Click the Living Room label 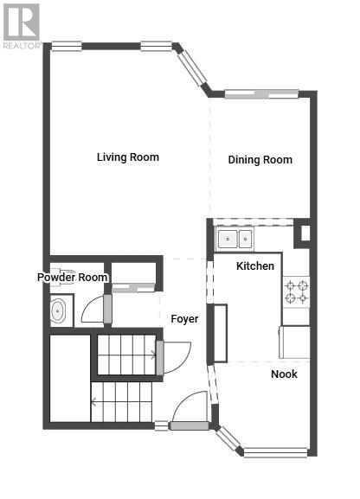pyautogui.click(x=128, y=157)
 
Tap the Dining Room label pyautogui.click(x=260, y=160)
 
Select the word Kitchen pyautogui.click(x=255, y=265)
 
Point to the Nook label pyautogui.click(x=284, y=374)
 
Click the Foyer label pyautogui.click(x=184, y=319)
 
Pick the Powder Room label pyautogui.click(x=73, y=278)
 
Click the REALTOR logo pyautogui.click(x=22, y=27)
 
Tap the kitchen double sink pyautogui.click(x=235, y=239)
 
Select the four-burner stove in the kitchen pyautogui.click(x=296, y=291)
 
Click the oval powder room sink pyautogui.click(x=58, y=310)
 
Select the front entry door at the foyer pyautogui.click(x=190, y=410)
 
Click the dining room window pyautogui.click(x=261, y=94)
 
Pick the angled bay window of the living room pyautogui.click(x=192, y=68)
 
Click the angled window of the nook pyautogui.click(x=229, y=438)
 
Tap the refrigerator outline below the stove pyautogui.click(x=294, y=342)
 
